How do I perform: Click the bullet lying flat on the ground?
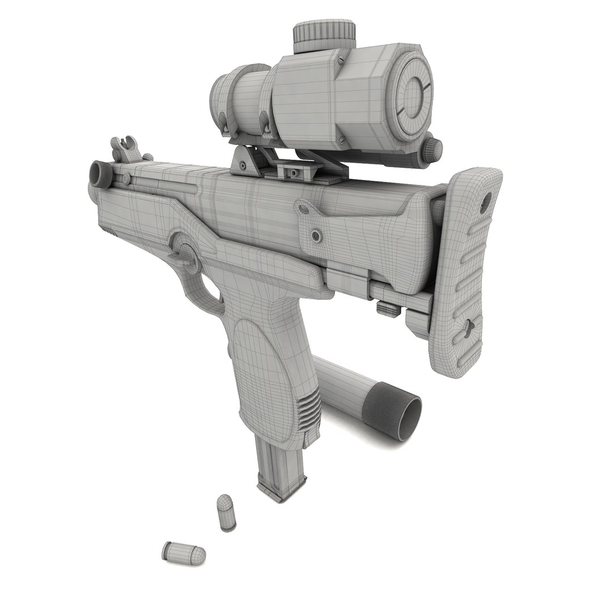[x=182, y=551]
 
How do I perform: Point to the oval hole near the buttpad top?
[x=486, y=200]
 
